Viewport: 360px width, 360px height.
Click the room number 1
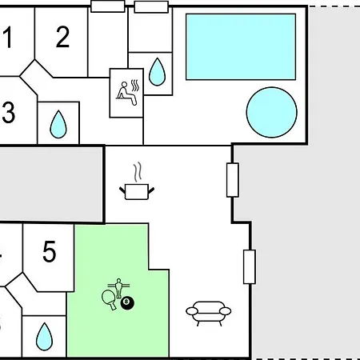point(8,37)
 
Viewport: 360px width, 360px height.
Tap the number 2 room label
point(62,37)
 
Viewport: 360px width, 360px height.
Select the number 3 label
point(9,112)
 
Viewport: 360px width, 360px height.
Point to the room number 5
point(50,251)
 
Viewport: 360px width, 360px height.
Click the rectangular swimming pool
point(241,46)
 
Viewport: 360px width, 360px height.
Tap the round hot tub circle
point(272,112)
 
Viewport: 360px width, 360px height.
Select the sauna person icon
point(126,94)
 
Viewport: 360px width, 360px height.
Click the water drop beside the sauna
point(157,72)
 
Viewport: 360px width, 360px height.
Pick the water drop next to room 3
point(58,125)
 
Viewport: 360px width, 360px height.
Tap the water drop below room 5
point(44,337)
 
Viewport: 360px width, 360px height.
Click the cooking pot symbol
point(137,191)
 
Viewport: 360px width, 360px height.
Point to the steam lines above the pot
point(138,172)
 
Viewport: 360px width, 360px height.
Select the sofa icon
point(209,314)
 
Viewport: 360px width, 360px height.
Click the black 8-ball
point(127,303)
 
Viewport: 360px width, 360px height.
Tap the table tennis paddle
point(109,299)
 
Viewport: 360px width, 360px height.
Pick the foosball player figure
point(118,288)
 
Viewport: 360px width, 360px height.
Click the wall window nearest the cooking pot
point(233,180)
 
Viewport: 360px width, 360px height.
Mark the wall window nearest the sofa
point(250,266)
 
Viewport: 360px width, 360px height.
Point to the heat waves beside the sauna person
point(135,86)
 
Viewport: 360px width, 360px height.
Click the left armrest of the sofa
point(192,311)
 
